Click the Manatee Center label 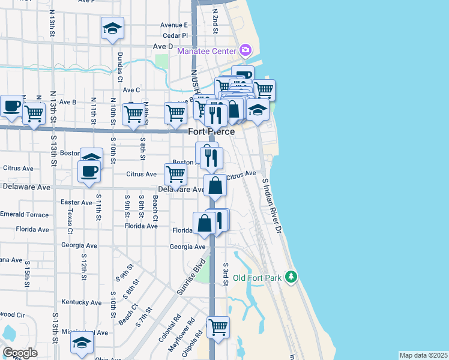pos(206,51)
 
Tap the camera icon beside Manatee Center pos(245,50)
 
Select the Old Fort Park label pos(257,278)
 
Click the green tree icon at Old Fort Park pos(292,276)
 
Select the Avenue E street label pos(174,25)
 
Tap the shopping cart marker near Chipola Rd pos(218,328)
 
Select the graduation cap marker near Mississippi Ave pos(82,344)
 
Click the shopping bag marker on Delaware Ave pos(215,185)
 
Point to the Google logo pos(20,353)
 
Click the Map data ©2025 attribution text pos(423,355)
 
